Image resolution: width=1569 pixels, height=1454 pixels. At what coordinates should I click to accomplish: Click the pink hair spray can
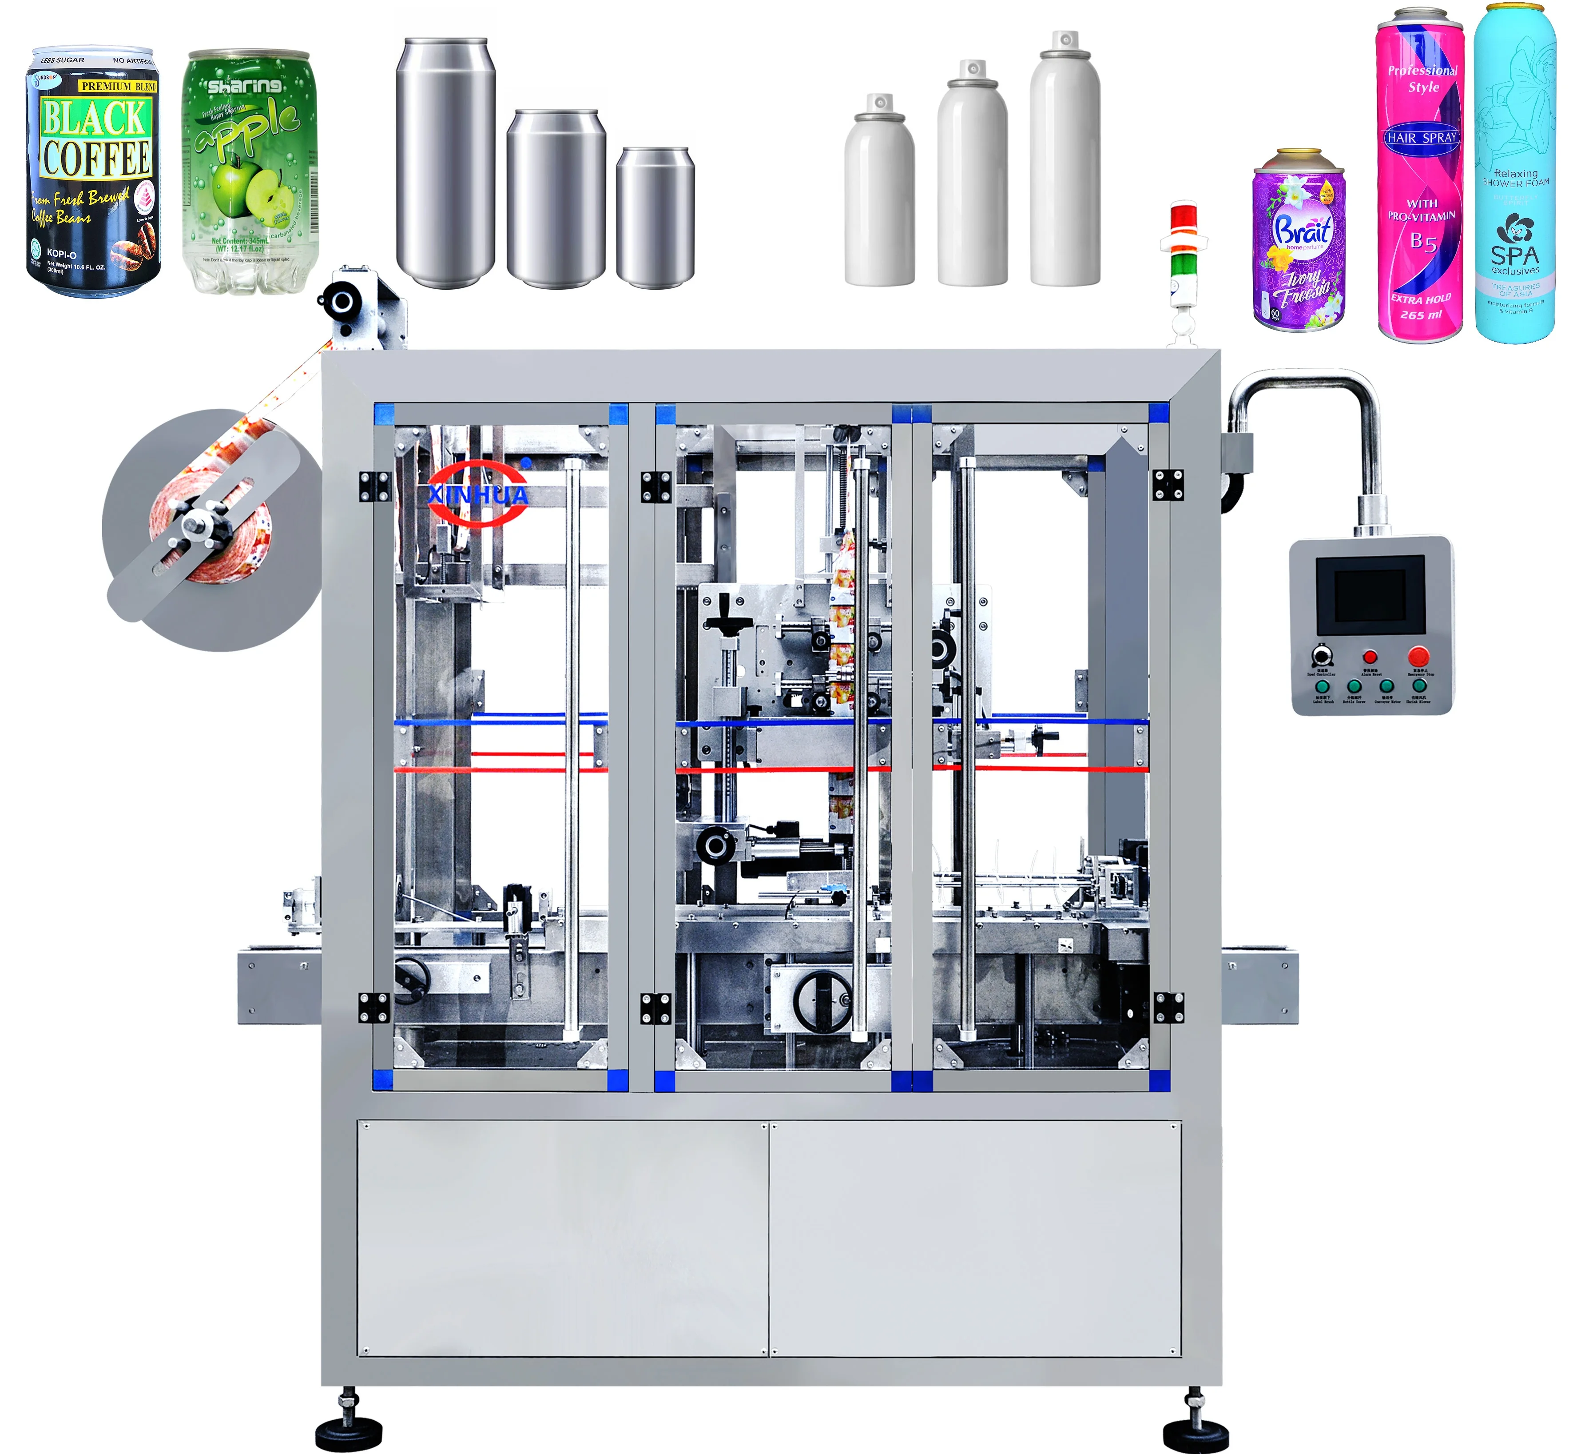pos(1420,177)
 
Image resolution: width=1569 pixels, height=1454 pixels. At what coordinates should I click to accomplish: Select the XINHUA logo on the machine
pos(477,494)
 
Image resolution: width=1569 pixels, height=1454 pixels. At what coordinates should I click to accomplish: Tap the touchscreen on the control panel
pos(1369,594)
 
